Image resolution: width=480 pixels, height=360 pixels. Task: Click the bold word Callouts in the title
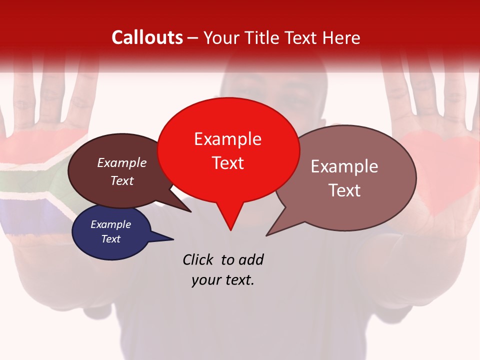[x=147, y=37]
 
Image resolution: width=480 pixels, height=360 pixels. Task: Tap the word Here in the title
[x=342, y=37]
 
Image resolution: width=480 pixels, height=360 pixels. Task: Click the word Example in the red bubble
[x=228, y=139]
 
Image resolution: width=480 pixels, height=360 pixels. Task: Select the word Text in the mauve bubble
[x=344, y=190]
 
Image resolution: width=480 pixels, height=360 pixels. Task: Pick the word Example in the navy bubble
[x=110, y=224]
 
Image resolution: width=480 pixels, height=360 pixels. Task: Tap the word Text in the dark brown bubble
[x=122, y=180]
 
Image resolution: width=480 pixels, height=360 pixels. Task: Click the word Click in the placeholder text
[x=199, y=259]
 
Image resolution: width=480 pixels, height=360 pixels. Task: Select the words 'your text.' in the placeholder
[x=223, y=280]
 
